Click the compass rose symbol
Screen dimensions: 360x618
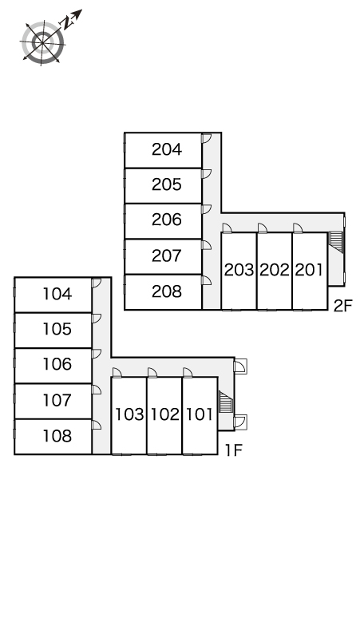tap(43, 42)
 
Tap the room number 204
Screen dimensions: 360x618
tap(167, 149)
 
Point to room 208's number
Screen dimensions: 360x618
tap(167, 291)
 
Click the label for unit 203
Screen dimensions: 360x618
tap(239, 270)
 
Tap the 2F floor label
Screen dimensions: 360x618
tap(343, 306)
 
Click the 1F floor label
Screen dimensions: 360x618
tap(234, 450)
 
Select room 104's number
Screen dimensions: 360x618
tap(57, 294)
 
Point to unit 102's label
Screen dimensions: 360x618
tap(165, 414)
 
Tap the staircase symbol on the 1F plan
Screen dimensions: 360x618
tap(226, 402)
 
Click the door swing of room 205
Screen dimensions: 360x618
tap(207, 174)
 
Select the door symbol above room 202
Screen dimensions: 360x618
tap(263, 228)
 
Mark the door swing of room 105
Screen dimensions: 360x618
tap(97, 319)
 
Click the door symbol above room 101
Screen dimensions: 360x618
tap(188, 372)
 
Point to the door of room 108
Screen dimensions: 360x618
tap(97, 425)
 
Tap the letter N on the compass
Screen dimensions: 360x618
tap(67, 23)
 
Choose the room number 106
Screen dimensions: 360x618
tap(57, 364)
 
